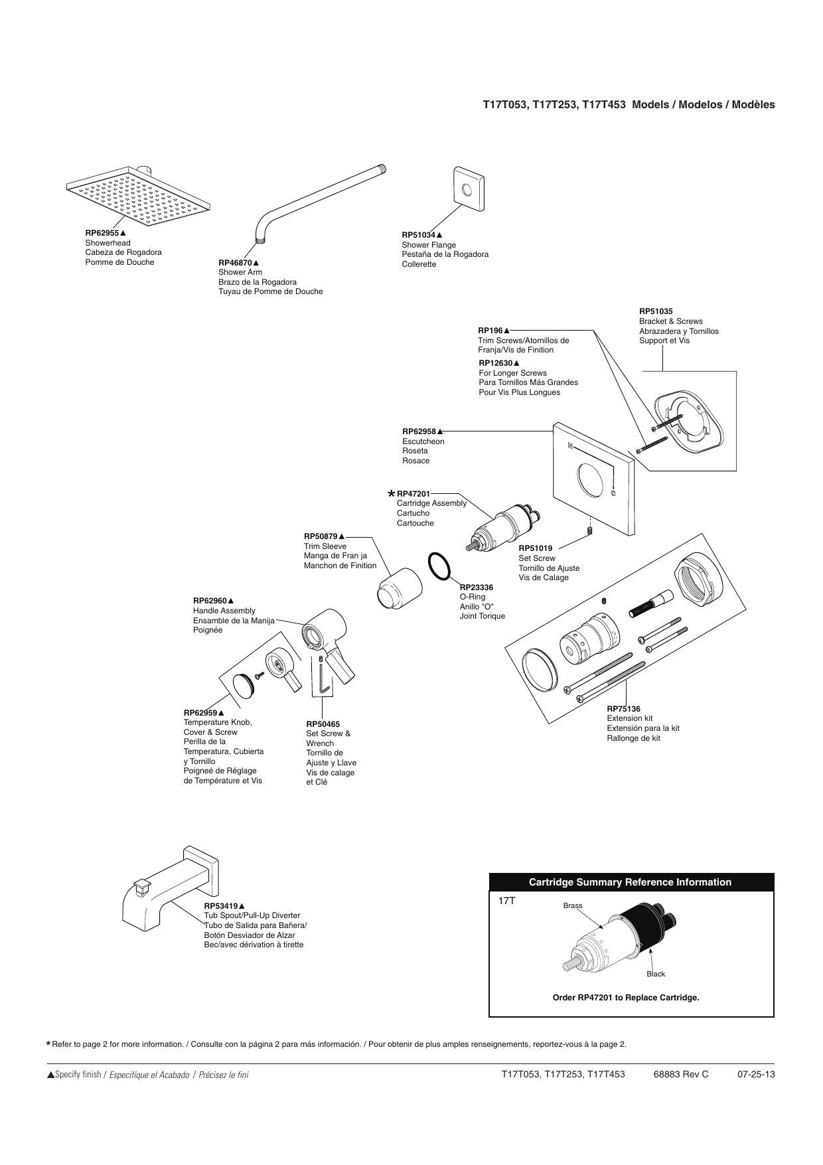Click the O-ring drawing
439,566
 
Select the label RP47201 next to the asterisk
413,494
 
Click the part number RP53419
221,905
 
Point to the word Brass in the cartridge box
573,905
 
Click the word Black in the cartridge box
656,974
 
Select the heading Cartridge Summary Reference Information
630,882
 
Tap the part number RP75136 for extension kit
624,709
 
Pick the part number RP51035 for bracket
656,311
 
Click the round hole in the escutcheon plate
591,479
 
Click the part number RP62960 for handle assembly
210,601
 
